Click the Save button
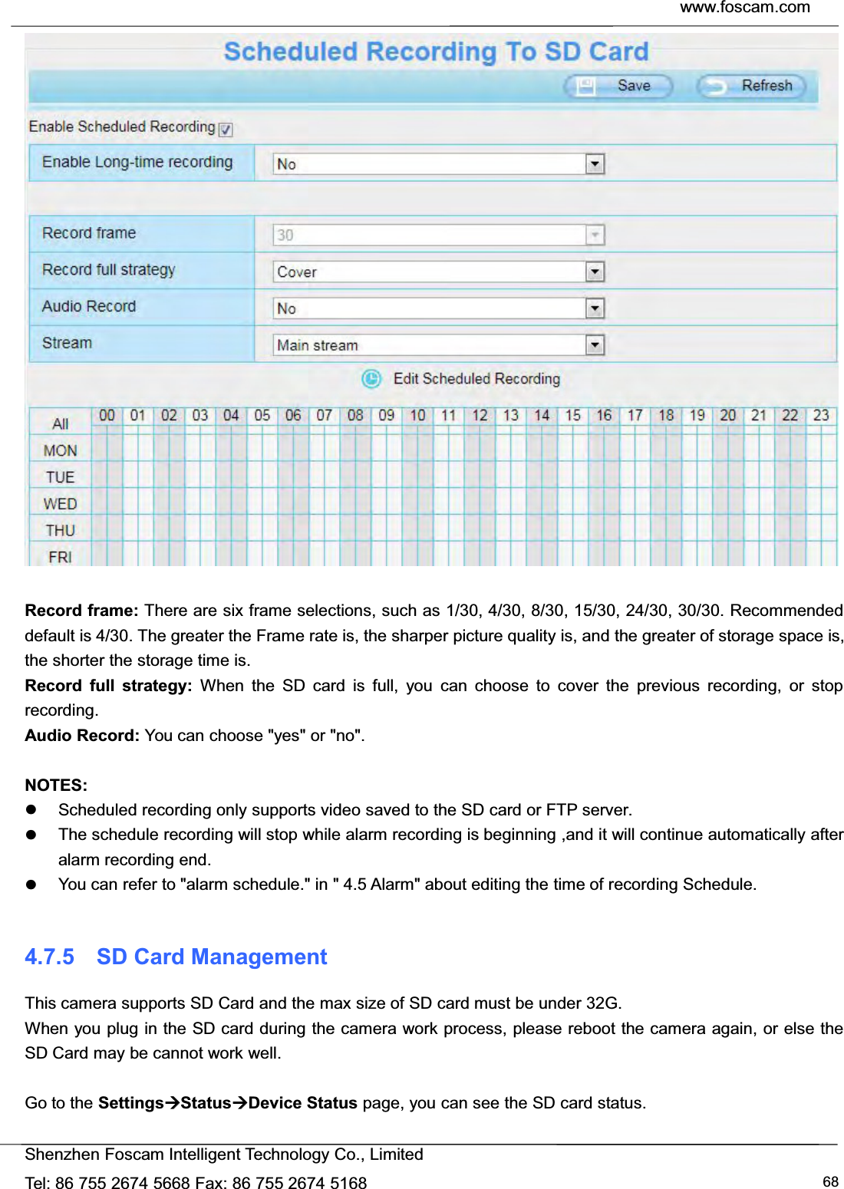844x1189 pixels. [618, 86]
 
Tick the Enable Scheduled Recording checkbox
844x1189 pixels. [226, 130]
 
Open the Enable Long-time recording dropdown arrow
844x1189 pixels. [595, 164]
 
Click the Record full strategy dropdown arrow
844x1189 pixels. [595, 272]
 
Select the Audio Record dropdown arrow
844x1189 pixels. [595, 308]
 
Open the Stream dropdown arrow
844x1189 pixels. [595, 345]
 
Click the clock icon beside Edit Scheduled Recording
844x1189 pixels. [371, 379]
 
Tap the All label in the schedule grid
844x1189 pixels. [61, 424]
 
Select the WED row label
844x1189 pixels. [61, 504]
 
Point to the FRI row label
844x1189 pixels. [61, 557]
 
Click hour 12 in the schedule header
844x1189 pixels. [480, 416]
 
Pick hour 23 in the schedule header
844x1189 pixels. [821, 416]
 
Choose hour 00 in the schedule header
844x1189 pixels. [107, 416]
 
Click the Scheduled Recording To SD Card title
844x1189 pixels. [436, 51]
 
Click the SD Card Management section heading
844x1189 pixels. [212, 957]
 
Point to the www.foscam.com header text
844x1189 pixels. [744, 8]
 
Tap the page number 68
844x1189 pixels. [830, 1181]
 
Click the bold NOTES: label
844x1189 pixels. [56, 785]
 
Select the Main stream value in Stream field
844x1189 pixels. [318, 345]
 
